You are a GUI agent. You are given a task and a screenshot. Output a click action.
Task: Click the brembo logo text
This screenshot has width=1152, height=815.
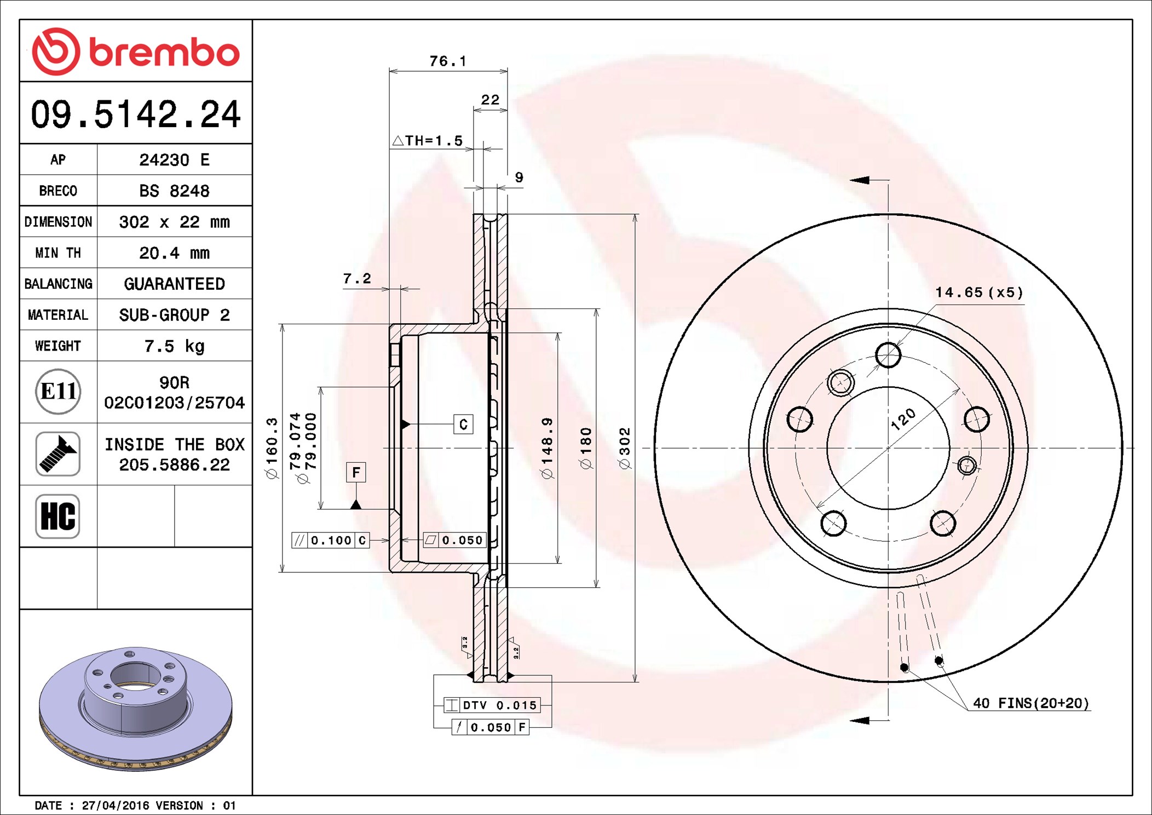pos(164,53)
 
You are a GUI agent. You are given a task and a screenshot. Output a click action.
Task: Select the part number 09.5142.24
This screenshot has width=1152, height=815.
pos(135,114)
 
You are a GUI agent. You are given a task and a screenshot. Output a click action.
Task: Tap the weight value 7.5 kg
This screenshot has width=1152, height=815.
pos(174,346)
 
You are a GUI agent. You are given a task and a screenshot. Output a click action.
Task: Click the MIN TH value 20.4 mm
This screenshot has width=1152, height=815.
pos(174,253)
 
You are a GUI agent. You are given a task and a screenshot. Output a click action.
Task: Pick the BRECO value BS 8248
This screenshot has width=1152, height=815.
pos(174,191)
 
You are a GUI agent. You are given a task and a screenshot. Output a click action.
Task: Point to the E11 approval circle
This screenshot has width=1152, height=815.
pos(58,391)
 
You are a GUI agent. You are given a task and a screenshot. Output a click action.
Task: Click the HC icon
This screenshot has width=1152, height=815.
pos(57,516)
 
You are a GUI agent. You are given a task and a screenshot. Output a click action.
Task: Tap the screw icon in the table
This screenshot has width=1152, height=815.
pos(57,454)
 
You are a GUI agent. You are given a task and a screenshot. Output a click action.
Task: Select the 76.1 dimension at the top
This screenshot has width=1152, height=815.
pos(448,61)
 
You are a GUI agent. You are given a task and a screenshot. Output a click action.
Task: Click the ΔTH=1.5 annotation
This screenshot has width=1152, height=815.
pos(428,141)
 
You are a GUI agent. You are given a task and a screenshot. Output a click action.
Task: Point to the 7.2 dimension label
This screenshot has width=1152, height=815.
pos(357,279)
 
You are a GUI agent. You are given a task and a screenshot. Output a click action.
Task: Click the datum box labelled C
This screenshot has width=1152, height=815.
pos(463,424)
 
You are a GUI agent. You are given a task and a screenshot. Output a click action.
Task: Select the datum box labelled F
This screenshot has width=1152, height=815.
pos(356,472)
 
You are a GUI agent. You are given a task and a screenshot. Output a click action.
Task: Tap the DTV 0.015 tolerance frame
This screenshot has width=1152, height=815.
pos(492,705)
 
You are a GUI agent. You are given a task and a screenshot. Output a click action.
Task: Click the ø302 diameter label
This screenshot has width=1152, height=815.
pos(625,448)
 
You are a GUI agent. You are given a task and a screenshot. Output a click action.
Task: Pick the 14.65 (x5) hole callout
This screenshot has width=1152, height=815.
pos(979,292)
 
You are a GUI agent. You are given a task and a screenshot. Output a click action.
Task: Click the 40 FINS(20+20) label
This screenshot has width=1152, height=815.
pos(1031,703)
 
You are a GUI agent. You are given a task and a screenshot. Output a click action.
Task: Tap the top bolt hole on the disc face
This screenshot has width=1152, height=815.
pos(888,355)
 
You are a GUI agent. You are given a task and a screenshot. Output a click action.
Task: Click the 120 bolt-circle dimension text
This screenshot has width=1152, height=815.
pos(903,419)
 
